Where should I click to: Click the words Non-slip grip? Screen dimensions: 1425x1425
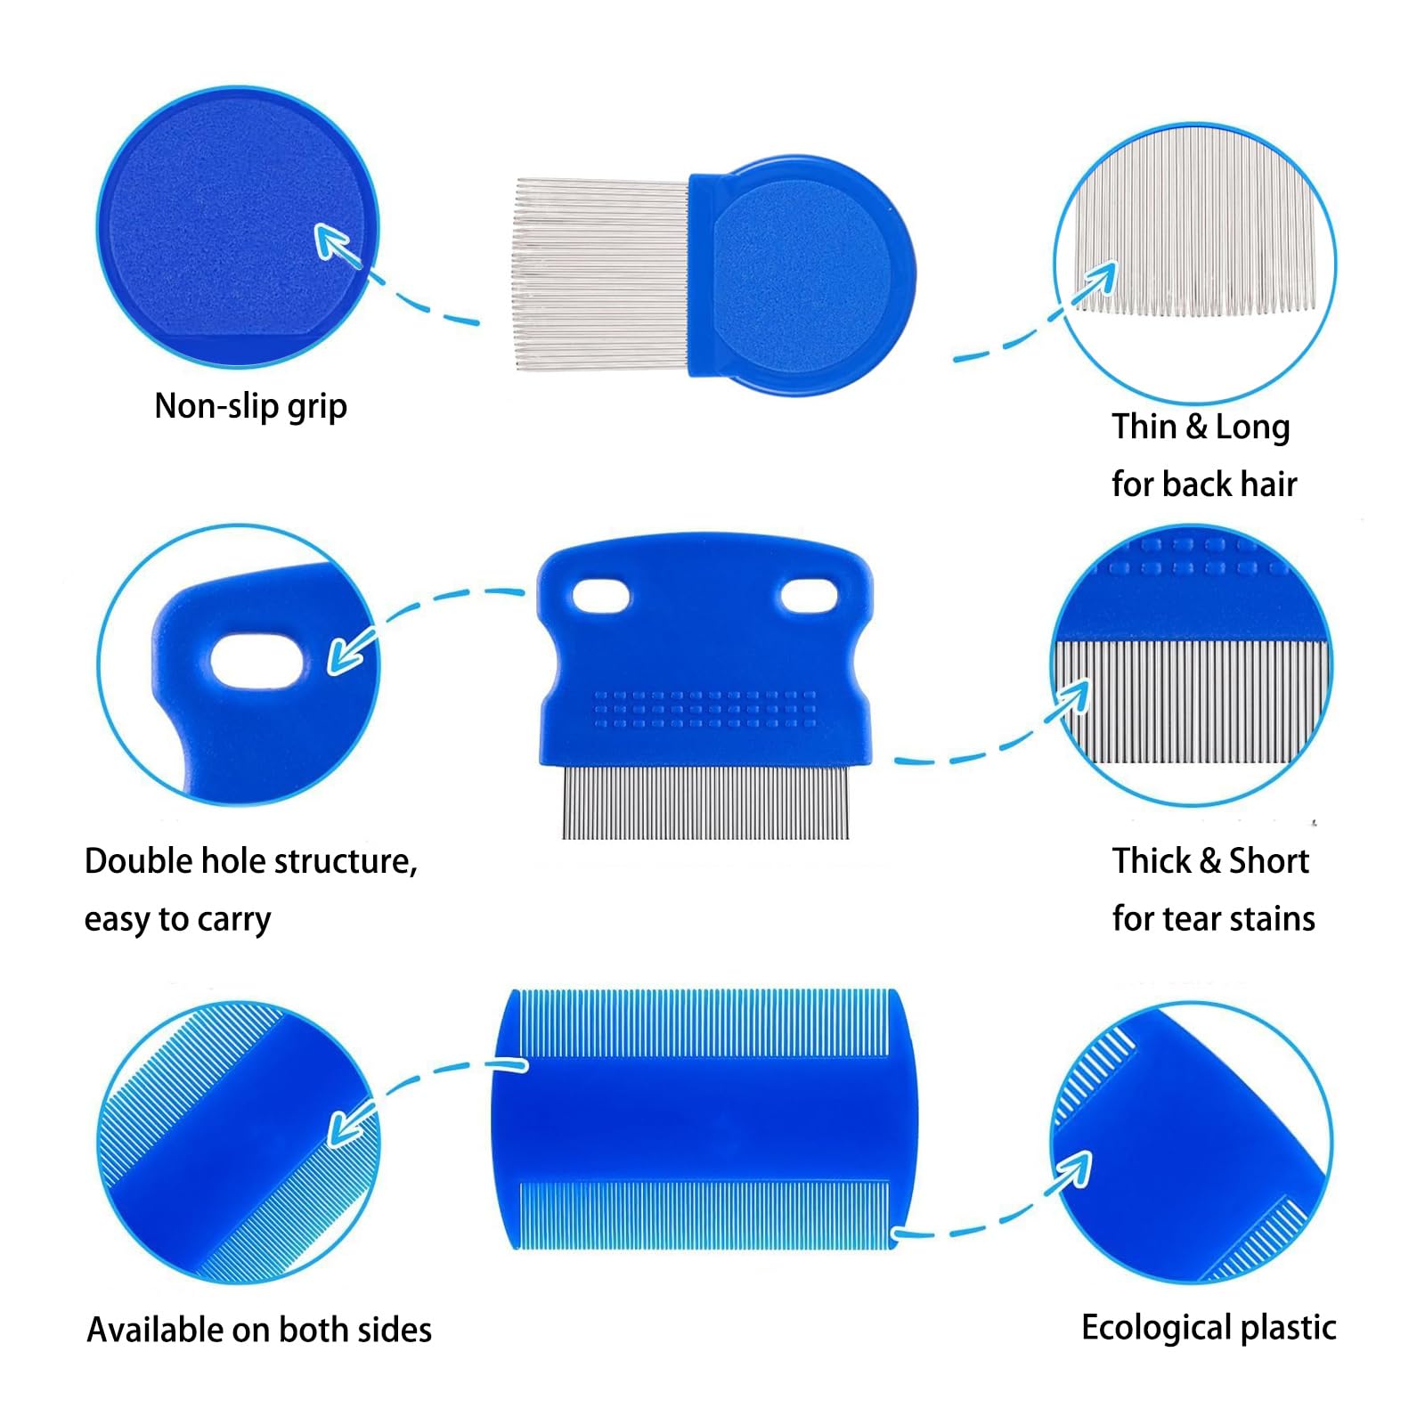point(250,406)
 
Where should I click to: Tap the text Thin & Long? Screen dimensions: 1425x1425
point(1201,427)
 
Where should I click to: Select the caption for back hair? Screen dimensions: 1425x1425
point(1204,484)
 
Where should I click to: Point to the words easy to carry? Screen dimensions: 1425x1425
point(177,919)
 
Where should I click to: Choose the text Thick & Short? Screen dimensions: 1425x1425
point(1210,860)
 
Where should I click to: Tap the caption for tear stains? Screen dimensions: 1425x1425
point(1213,918)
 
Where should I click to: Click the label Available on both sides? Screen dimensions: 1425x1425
point(259,1330)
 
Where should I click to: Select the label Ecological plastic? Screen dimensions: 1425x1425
point(1209,1328)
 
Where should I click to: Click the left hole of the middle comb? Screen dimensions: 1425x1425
point(601,597)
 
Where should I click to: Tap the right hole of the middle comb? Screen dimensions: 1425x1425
point(809,597)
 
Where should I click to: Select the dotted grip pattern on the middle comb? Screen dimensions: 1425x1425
point(704,709)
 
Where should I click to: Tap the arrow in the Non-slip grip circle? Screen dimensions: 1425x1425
point(338,245)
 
